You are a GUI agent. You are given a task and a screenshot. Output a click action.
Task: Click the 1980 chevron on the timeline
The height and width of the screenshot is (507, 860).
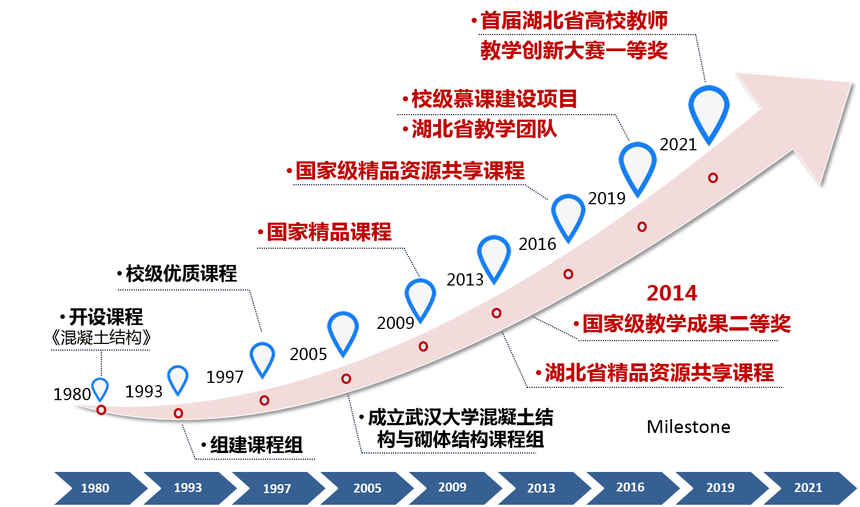click(x=95, y=488)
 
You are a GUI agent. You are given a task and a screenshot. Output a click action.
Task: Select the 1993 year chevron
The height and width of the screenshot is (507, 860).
click(x=188, y=488)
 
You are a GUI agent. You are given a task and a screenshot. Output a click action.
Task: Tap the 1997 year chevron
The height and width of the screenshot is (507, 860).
click(x=277, y=488)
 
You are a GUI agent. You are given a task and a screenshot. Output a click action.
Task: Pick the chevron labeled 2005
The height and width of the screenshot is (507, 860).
click(x=367, y=488)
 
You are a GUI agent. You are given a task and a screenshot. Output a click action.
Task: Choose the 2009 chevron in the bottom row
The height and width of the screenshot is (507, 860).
click(x=452, y=488)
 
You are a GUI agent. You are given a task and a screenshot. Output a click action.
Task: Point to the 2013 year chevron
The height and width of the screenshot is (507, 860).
click(x=541, y=488)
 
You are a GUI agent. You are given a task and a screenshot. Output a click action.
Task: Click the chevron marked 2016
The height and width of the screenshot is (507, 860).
click(x=630, y=488)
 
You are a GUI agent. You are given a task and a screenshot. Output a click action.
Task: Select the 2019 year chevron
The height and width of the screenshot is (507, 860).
click(x=720, y=488)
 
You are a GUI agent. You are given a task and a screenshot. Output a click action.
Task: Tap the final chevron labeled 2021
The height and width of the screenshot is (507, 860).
click(x=808, y=488)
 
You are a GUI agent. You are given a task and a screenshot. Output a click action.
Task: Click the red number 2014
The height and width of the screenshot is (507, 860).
click(x=672, y=293)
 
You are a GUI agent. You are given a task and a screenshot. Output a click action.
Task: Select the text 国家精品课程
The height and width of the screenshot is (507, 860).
click(x=329, y=232)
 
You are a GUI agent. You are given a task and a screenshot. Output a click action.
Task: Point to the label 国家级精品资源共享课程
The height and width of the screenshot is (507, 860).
click(x=410, y=171)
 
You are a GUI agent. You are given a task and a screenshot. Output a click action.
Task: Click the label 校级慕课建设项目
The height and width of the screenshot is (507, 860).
click(x=494, y=99)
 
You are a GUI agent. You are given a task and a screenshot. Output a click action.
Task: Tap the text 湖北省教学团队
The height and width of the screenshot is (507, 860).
click(x=484, y=129)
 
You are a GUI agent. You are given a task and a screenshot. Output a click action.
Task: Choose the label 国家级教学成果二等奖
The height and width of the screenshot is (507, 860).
click(x=686, y=323)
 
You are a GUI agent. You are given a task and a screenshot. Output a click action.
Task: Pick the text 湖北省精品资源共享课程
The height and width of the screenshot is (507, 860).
click(x=658, y=372)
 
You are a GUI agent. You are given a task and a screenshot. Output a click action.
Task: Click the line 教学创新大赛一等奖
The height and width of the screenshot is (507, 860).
click(x=574, y=51)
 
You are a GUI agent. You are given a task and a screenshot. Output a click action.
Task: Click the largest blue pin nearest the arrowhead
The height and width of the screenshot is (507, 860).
click(x=709, y=111)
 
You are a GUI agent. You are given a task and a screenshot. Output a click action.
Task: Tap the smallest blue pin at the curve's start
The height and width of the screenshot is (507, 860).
click(x=100, y=387)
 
